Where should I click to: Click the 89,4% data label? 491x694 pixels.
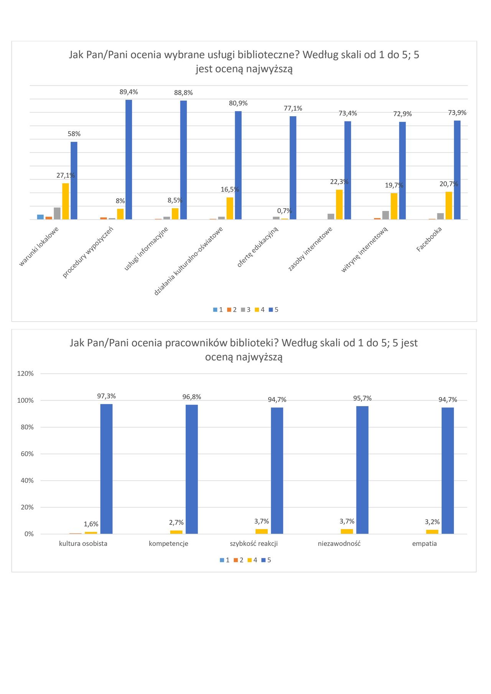click(x=129, y=92)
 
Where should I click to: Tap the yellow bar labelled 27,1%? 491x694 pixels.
click(x=66, y=201)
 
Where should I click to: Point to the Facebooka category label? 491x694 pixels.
click(x=429, y=239)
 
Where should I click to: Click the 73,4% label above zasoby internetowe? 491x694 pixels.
click(x=348, y=113)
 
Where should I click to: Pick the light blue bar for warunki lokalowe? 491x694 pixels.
click(x=40, y=217)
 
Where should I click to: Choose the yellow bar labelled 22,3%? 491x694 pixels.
click(x=339, y=204)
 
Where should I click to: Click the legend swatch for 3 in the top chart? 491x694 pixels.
click(x=243, y=310)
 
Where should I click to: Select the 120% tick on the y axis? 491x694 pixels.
click(x=25, y=373)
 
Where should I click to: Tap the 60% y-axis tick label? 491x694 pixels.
click(x=27, y=454)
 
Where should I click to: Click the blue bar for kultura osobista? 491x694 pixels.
click(x=106, y=469)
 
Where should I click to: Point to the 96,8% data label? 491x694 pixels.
click(x=191, y=397)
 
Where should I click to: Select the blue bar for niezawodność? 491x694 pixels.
click(x=362, y=470)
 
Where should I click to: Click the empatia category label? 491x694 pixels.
click(x=424, y=543)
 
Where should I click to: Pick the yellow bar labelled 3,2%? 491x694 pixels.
click(x=432, y=531)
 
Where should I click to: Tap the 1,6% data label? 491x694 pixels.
click(x=91, y=524)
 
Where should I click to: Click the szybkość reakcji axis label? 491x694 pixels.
click(x=254, y=543)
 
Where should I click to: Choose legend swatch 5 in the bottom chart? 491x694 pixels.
click(x=264, y=560)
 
